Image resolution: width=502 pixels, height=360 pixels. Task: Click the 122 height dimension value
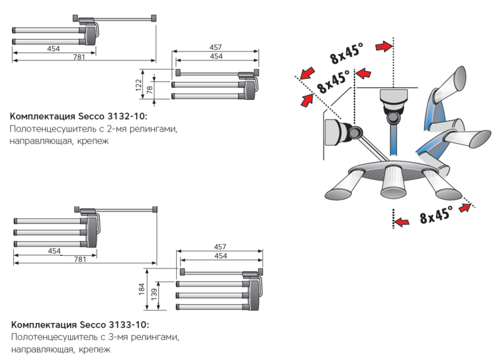click(x=139, y=86)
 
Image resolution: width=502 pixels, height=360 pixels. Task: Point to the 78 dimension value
click(x=150, y=90)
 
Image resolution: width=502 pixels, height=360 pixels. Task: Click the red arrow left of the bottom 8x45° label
click(x=402, y=221)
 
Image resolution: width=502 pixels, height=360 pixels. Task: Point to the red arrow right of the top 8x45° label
click(x=383, y=46)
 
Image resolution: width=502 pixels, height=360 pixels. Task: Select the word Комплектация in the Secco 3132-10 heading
click(x=42, y=117)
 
